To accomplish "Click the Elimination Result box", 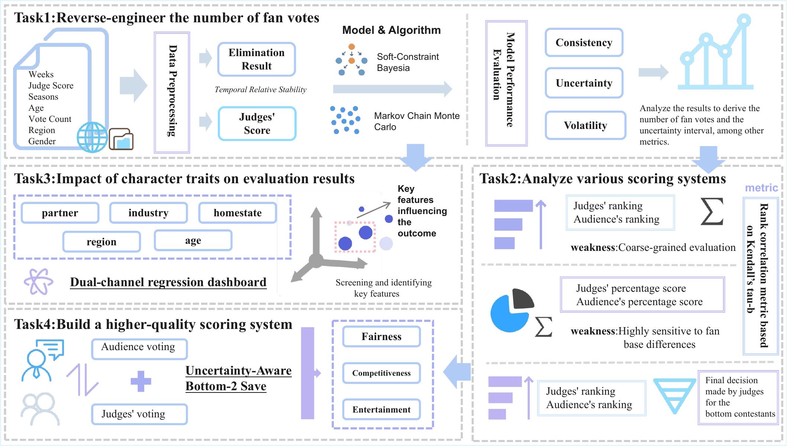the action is [x=257, y=59].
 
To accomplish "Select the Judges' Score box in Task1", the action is [x=257, y=123].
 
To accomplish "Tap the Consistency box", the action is [x=584, y=42].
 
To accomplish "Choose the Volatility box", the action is [x=585, y=125].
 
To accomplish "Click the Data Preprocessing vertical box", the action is [x=172, y=92].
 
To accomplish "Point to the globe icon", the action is [x=92, y=138].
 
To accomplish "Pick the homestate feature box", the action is [x=238, y=213].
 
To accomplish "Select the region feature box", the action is [x=101, y=242].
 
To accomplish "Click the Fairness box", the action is [x=381, y=336].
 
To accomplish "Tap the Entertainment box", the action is [x=381, y=409].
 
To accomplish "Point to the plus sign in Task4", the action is [x=141, y=381].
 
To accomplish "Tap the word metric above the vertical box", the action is [x=761, y=188].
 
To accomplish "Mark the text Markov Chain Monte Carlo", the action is [x=417, y=122].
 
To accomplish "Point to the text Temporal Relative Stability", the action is [x=261, y=90].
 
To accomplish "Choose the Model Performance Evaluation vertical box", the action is [x=506, y=83].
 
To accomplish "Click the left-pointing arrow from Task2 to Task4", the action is [x=457, y=372].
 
